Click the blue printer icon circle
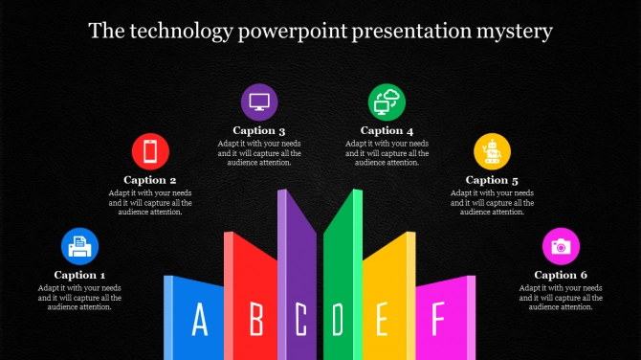coord(80,247)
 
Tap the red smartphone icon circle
coord(150,152)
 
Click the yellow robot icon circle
coord(493,152)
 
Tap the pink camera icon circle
coord(561,246)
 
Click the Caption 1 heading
coord(80,275)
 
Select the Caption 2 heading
coord(150,180)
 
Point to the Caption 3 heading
coord(259,130)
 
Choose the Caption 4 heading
coord(387,130)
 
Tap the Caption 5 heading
coord(493,180)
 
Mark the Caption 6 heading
coord(561,275)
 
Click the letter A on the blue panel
coord(200,319)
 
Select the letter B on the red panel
coord(255,319)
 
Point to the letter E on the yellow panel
coord(382,319)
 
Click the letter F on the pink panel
coord(437,318)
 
